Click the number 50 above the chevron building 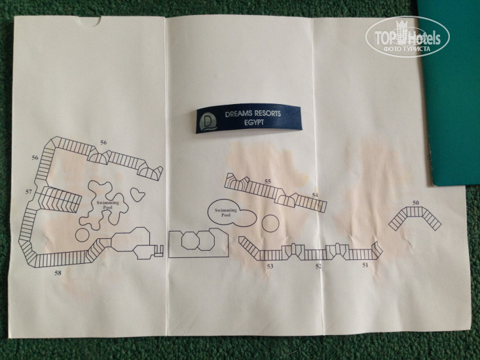[x=416, y=203]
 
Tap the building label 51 [x=366, y=266]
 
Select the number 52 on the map [x=319, y=266]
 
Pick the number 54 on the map [x=315, y=194]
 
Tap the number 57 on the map [x=29, y=192]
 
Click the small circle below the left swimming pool [x=83, y=234]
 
